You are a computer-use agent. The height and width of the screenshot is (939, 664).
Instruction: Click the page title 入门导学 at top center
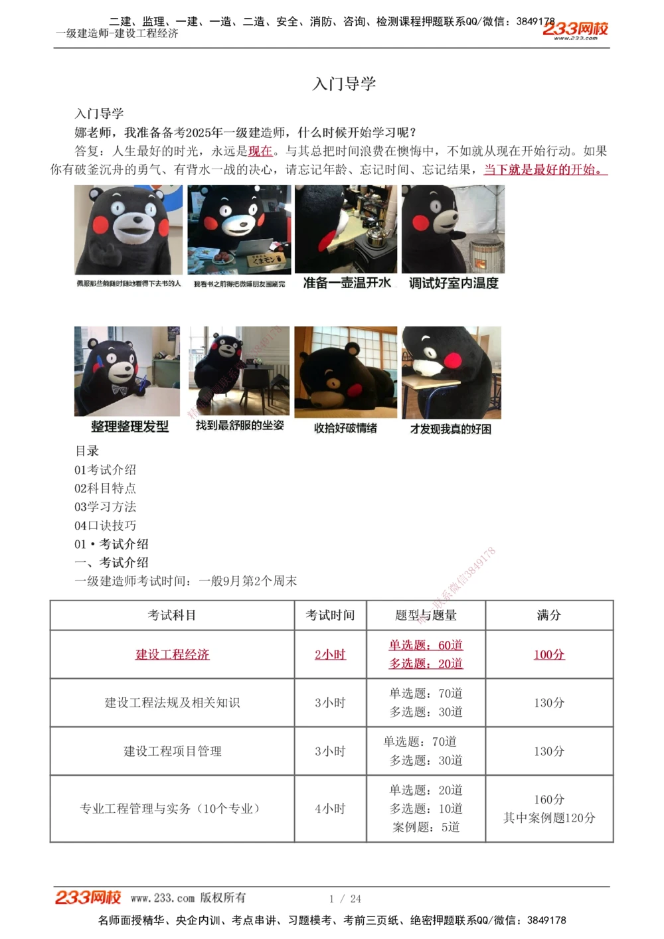click(x=344, y=84)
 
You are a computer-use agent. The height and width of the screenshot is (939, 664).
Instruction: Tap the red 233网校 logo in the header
click(x=575, y=29)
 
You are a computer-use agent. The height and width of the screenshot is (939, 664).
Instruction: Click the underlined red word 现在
click(x=260, y=151)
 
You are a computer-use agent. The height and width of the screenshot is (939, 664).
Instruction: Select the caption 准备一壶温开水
click(x=347, y=283)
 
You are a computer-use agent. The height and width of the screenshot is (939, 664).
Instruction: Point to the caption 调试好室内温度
click(x=454, y=283)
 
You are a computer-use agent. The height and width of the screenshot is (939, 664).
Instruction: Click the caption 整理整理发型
click(x=130, y=427)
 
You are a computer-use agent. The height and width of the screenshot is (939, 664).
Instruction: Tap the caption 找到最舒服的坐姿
click(x=240, y=425)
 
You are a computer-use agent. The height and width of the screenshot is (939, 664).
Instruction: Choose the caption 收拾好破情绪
click(x=345, y=428)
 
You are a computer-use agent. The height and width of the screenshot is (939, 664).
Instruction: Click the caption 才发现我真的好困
click(x=451, y=429)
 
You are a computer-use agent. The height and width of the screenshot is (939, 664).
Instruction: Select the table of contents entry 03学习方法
click(x=106, y=507)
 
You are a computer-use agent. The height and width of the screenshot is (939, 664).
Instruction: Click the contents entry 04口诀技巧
click(x=106, y=526)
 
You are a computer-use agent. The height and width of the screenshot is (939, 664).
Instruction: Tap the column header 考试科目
click(x=172, y=615)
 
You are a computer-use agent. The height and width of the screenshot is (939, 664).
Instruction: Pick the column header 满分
click(x=549, y=615)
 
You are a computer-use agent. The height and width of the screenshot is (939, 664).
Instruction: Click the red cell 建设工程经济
click(x=172, y=654)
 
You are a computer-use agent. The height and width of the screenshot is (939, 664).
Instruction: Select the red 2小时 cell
click(x=330, y=654)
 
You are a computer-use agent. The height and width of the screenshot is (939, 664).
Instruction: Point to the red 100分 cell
click(x=549, y=654)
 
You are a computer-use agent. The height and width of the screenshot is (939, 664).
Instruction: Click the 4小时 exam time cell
click(x=330, y=809)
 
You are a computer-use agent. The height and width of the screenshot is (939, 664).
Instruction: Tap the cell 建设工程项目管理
click(x=172, y=751)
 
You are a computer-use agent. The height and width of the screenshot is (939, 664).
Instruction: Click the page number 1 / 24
click(x=345, y=899)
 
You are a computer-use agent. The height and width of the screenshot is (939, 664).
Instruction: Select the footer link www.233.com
click(x=163, y=898)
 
